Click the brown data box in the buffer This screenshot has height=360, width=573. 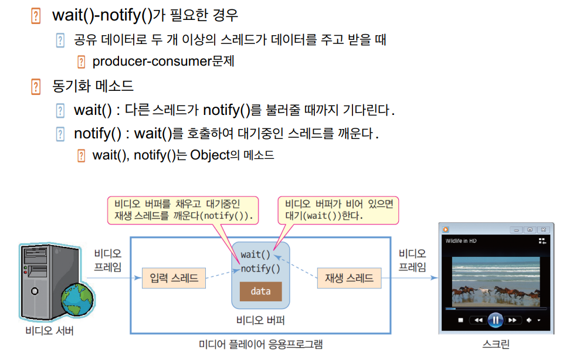pos(260,291)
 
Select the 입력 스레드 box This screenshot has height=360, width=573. pos(174,278)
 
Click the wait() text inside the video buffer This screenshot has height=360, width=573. pos(256,254)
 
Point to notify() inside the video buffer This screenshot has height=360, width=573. pos(260,269)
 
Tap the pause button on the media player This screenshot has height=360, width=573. pos(495,320)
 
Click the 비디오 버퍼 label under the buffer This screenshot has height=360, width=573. pos(260,320)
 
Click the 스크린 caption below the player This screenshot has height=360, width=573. pos(496,344)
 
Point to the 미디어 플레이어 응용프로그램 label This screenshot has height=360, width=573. pos(260,344)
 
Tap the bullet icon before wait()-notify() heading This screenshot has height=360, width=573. pos(36,16)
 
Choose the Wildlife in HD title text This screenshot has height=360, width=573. pos(462,241)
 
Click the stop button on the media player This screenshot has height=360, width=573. pos(461,320)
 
